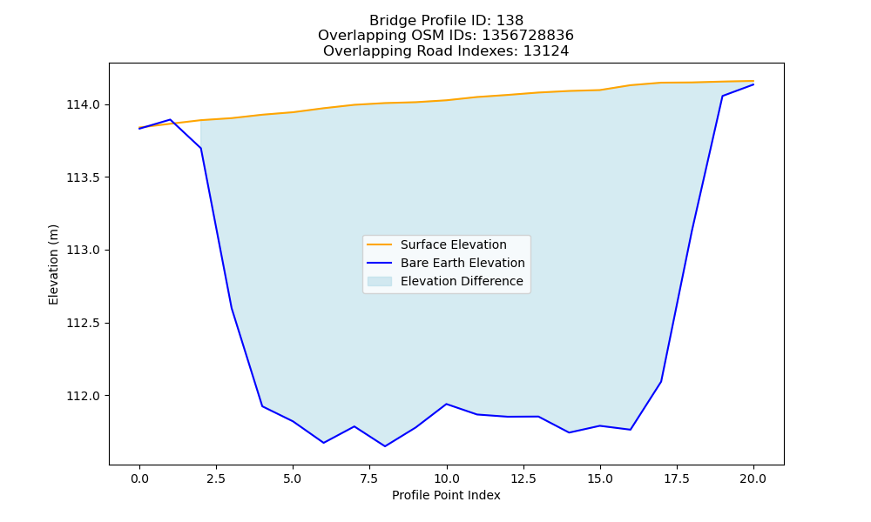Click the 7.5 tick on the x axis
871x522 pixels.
[369, 478]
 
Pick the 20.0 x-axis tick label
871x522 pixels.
[753, 478]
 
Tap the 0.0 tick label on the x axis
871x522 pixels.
[139, 478]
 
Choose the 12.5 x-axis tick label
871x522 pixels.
[523, 478]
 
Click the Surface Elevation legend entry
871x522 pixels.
[453, 244]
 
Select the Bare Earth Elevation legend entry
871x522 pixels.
[463, 263]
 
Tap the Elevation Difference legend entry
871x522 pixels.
[462, 281]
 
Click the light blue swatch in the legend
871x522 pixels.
[380, 281]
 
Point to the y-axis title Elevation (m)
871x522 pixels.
[53, 264]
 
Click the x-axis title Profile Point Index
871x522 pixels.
[446, 495]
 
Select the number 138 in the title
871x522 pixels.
[510, 21]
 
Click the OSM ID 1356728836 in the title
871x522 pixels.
[528, 36]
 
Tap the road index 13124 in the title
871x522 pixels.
[546, 51]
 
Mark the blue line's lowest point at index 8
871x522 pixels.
[385, 446]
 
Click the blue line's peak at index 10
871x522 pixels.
[446, 404]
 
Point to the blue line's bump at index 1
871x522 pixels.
[170, 119]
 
